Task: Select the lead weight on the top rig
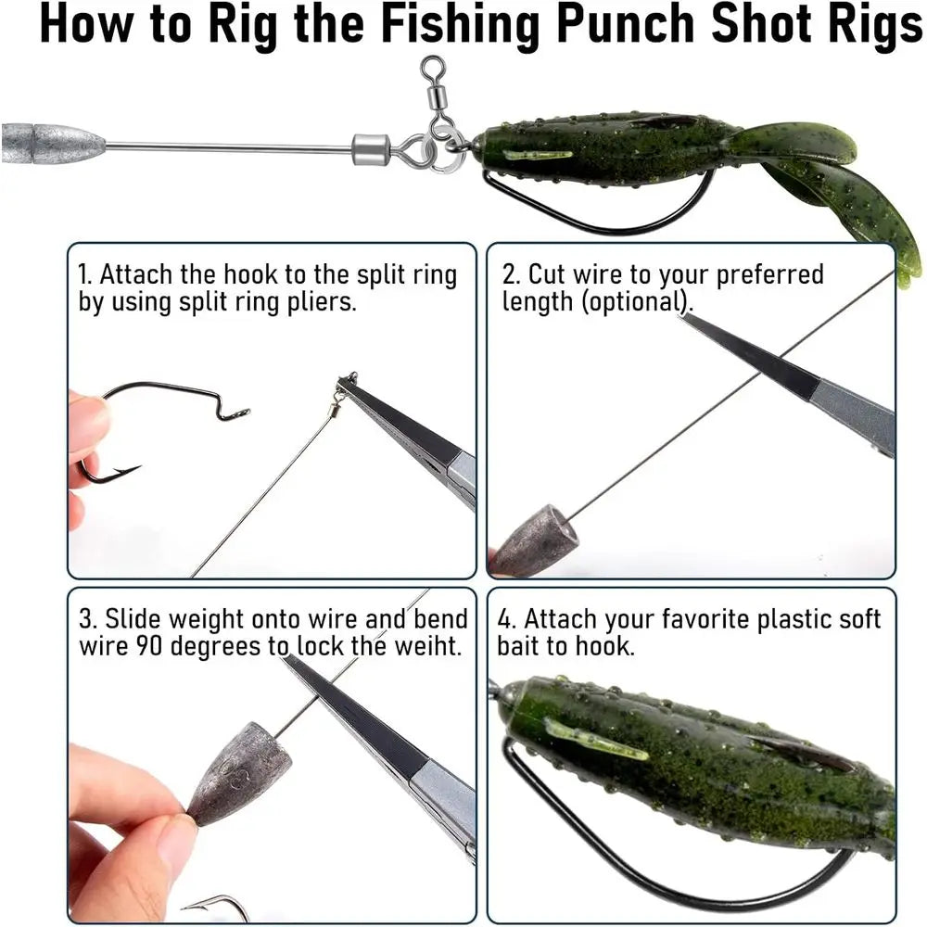[x=54, y=143]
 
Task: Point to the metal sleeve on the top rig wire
[x=369, y=147]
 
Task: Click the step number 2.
[x=510, y=275]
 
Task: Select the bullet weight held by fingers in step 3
[x=238, y=770]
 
